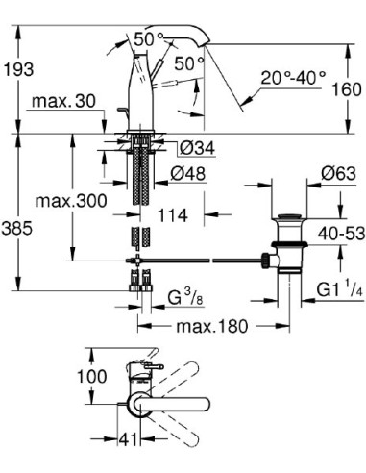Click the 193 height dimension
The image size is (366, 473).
[x=18, y=69]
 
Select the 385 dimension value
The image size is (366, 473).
[x=16, y=229]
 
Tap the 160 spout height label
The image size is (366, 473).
[x=347, y=89]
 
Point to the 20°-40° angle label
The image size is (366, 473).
[x=293, y=78]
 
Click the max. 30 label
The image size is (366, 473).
[x=63, y=101]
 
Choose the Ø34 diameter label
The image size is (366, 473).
[x=197, y=148]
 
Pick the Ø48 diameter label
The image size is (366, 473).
[x=187, y=174]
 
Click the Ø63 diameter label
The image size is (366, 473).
[x=338, y=174]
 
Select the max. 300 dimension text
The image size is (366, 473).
[x=71, y=201]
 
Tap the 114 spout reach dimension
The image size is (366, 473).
[x=172, y=215]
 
